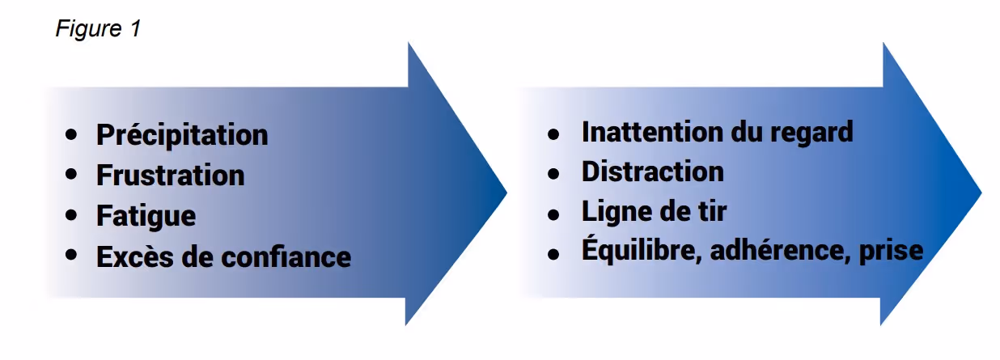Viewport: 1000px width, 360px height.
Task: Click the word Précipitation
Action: click(182, 134)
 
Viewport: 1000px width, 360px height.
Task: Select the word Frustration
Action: click(170, 175)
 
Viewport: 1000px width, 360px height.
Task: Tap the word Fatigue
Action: click(146, 216)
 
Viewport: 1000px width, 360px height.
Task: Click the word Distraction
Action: click(652, 172)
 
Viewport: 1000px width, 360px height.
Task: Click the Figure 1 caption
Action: click(98, 29)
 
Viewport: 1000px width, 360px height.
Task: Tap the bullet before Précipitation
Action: click(74, 133)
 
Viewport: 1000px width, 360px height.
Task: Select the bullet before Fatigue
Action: click(74, 215)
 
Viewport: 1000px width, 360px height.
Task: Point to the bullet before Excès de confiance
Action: click(74, 256)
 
